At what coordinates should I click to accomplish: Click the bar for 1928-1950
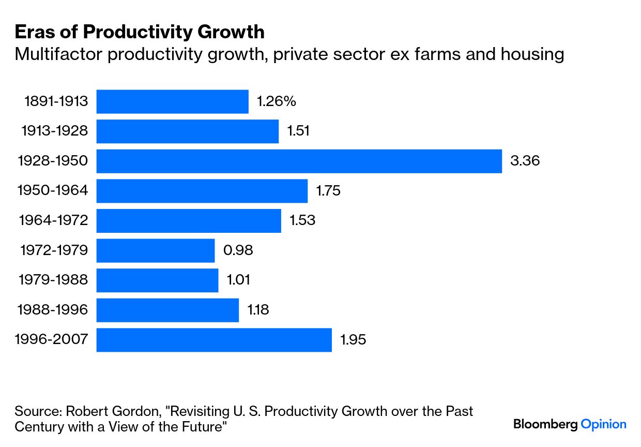pyautogui.click(x=299, y=161)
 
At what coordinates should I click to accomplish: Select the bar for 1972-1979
pyautogui.click(x=155, y=251)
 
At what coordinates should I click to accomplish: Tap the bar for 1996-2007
pyautogui.click(x=214, y=340)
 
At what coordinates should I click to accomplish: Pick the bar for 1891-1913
pyautogui.click(x=172, y=101)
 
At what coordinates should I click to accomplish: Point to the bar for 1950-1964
pyautogui.click(x=202, y=191)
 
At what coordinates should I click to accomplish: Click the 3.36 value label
pyautogui.click(x=525, y=161)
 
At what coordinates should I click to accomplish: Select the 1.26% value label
pyautogui.click(x=277, y=101)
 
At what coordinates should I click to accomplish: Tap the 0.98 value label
pyautogui.click(x=238, y=251)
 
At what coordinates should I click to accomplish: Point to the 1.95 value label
pyautogui.click(x=353, y=340)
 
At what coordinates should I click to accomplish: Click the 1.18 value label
pyautogui.click(x=258, y=310)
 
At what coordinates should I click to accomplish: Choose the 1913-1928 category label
pyautogui.click(x=54, y=131)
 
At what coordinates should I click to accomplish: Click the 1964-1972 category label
pyautogui.click(x=53, y=221)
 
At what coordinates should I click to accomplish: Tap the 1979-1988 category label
pyautogui.click(x=53, y=280)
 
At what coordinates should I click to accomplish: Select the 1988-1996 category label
pyautogui.click(x=53, y=310)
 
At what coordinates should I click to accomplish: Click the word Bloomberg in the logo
pyautogui.click(x=545, y=425)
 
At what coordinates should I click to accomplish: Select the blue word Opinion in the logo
pyautogui.click(x=603, y=425)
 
